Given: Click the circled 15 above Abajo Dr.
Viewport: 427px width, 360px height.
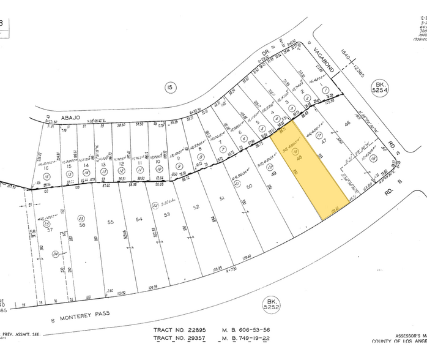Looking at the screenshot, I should [x=169, y=88].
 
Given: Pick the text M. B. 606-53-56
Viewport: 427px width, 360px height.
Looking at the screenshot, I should [x=248, y=330].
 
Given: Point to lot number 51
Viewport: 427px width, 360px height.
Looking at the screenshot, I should [x=223, y=198].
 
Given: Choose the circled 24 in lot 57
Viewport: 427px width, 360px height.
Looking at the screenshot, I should [x=56, y=252].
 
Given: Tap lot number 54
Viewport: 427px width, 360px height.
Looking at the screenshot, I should [x=139, y=219].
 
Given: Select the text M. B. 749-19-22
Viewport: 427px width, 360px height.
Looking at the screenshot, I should [x=248, y=337].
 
